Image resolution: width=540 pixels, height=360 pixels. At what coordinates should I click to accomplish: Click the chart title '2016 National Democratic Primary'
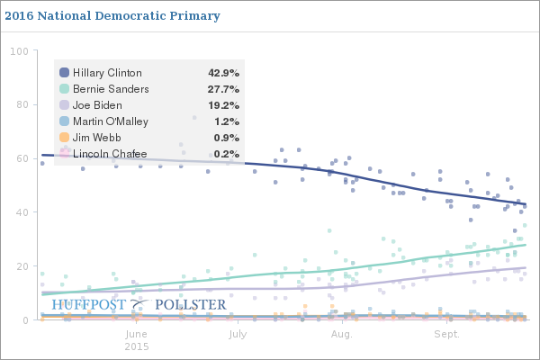[x=112, y=16]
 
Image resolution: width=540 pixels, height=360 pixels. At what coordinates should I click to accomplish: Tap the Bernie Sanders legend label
[x=111, y=89]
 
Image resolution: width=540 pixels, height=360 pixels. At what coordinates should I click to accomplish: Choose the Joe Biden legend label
[x=98, y=105]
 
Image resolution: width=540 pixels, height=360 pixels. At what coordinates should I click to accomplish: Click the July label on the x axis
[x=238, y=334]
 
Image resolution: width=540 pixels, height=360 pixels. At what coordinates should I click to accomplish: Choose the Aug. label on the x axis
[x=341, y=334]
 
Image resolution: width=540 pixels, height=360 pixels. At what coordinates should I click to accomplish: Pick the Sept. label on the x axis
[x=446, y=334]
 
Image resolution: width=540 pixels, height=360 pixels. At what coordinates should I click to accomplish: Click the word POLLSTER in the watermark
[x=191, y=305]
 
